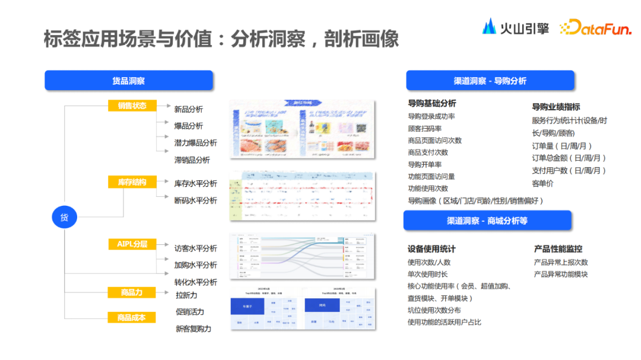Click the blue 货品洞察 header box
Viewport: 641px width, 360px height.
128,81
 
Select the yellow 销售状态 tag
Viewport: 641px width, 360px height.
132,106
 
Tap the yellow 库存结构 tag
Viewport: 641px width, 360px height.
132,182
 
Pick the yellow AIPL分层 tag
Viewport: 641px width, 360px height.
132,244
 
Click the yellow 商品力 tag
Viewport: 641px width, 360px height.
132,292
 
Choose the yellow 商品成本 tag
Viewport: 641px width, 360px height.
132,318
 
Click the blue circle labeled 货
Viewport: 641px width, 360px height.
64,217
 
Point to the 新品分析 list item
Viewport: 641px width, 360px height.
188,109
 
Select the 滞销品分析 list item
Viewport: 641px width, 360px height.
192,160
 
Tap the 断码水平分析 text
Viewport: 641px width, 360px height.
195,200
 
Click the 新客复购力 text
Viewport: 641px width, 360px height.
193,329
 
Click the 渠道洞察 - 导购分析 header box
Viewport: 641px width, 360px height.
490,81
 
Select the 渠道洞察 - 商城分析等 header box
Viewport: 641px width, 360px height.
487,221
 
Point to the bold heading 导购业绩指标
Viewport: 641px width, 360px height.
556,107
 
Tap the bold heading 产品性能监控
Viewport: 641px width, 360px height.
558,249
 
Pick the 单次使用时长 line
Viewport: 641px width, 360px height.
427,275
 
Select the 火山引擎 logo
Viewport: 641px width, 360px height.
515,27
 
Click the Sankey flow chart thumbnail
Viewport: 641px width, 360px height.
302,256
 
